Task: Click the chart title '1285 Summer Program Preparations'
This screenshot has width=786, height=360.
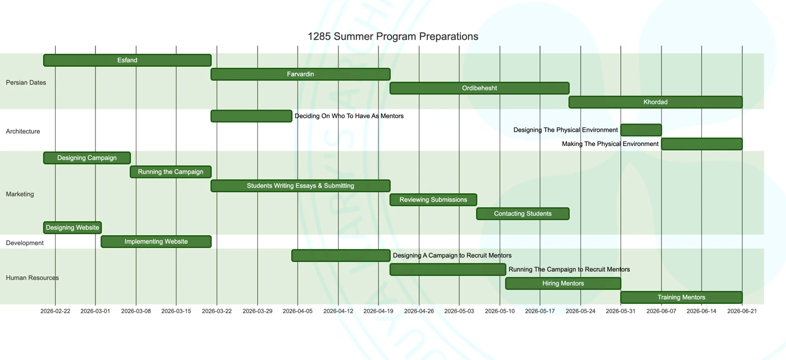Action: tap(393, 37)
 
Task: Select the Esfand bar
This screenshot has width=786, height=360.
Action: tap(127, 60)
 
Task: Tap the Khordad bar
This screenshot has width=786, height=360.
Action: tap(655, 102)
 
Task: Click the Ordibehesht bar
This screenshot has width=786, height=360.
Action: tap(479, 88)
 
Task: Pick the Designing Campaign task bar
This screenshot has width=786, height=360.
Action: tap(87, 158)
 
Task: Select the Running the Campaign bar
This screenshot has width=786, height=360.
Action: tap(171, 172)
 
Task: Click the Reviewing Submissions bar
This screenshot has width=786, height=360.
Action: tap(433, 199)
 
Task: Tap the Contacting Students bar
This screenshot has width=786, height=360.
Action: tap(523, 213)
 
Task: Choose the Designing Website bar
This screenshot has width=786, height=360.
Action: tap(72, 227)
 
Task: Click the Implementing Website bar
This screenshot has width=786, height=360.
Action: tap(156, 241)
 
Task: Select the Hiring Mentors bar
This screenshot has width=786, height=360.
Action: tap(563, 284)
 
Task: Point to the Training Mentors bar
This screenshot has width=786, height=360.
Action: tap(681, 297)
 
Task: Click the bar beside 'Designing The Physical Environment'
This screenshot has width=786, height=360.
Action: tap(641, 130)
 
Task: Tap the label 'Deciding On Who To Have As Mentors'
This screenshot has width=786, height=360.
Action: tap(349, 116)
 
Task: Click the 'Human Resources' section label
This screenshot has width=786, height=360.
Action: tap(32, 278)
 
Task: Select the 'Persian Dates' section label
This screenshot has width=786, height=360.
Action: tap(26, 83)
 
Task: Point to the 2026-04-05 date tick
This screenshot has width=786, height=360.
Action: tap(298, 311)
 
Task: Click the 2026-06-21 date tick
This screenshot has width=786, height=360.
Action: tap(742, 311)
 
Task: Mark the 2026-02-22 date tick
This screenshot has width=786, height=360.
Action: tap(55, 311)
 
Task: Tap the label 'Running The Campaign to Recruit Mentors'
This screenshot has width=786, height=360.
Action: tap(569, 270)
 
